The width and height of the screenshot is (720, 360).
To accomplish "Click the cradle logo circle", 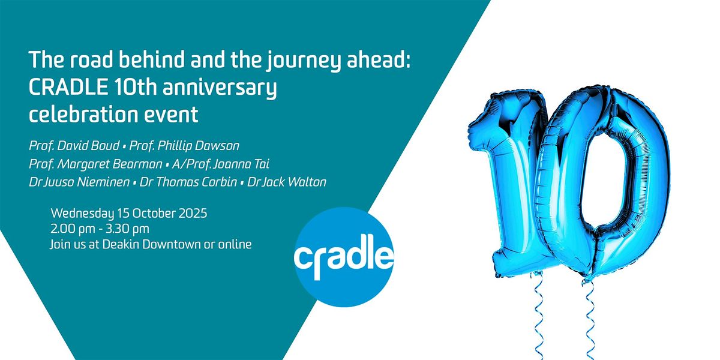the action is (x=344, y=257).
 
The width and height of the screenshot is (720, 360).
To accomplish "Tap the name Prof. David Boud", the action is (x=74, y=146).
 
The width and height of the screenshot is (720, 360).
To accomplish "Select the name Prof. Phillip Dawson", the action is (x=184, y=146).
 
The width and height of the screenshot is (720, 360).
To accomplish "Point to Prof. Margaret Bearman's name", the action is (x=95, y=164).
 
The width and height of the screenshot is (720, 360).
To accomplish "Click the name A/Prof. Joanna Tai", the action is (x=221, y=164).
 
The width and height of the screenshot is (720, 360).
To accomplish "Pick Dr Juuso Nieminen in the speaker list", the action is (x=79, y=182).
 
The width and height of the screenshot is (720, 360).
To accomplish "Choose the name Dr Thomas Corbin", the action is (x=188, y=182).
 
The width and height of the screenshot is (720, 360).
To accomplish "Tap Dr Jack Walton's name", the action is (x=287, y=182).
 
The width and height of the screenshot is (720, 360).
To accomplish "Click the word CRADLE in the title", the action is (x=68, y=87).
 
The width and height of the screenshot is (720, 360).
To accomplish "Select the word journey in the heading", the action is (x=303, y=61).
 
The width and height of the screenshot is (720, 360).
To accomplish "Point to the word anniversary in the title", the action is (x=220, y=88).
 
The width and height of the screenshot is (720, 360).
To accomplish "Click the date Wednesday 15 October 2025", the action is (x=129, y=214).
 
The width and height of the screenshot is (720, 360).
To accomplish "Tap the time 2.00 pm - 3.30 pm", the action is (x=100, y=229).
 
